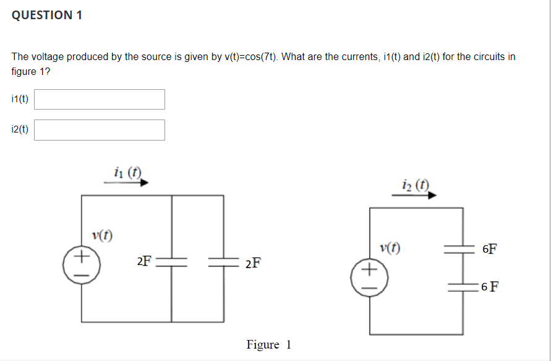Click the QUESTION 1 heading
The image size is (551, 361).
point(47,15)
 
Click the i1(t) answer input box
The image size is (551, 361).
point(100,99)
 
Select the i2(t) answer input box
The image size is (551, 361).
point(100,130)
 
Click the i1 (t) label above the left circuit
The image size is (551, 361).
point(127,172)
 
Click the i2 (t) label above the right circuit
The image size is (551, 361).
point(415,184)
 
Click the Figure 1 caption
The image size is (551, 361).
point(268,345)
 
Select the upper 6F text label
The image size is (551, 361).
point(489,250)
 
